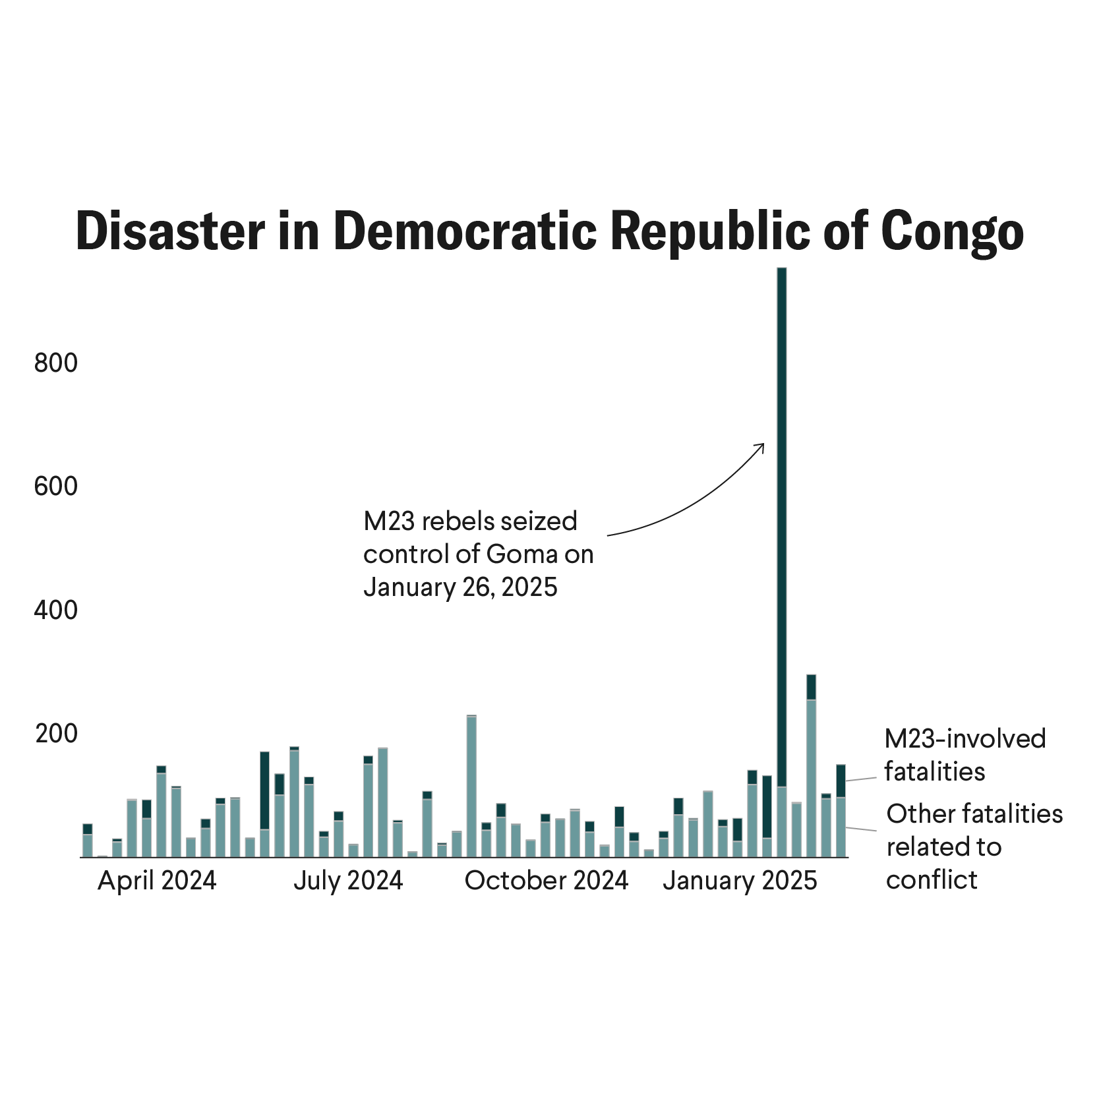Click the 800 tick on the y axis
(56, 363)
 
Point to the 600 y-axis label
(56, 487)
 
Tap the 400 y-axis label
(56, 610)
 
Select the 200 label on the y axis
(56, 734)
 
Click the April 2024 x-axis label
(157, 881)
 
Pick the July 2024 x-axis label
(348, 881)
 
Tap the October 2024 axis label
(547, 881)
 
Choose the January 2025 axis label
(740, 881)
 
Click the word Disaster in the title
(170, 231)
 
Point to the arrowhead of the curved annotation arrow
(762, 446)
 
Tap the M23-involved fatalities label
(965, 755)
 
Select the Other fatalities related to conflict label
(974, 847)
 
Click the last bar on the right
(841, 812)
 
